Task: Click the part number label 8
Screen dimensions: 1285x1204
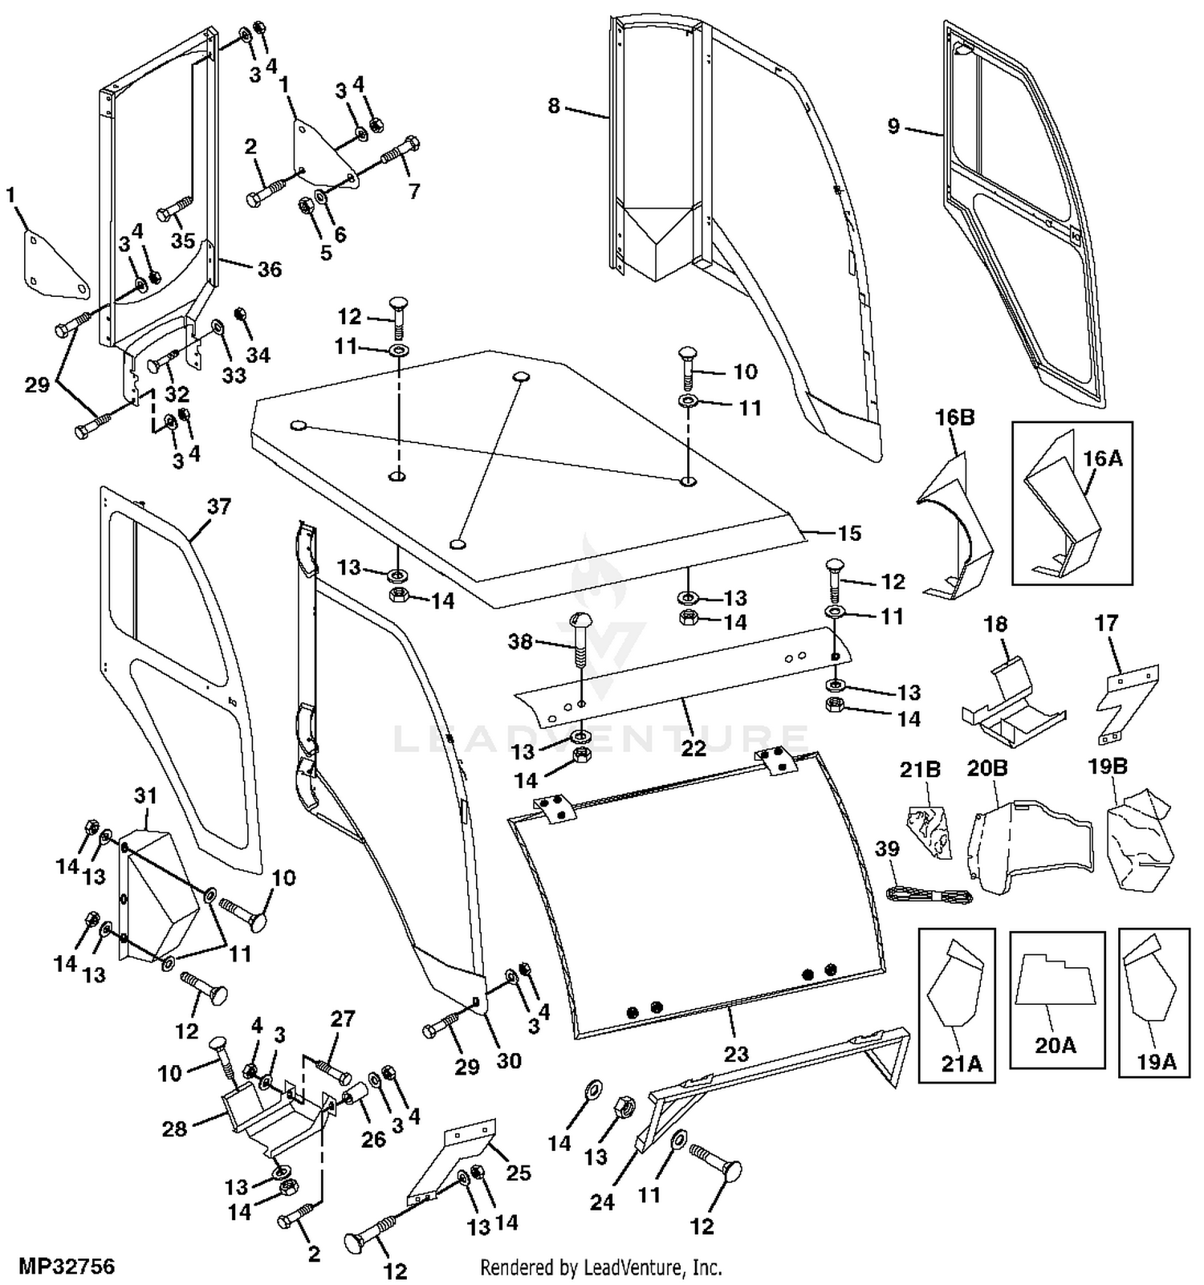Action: (x=553, y=105)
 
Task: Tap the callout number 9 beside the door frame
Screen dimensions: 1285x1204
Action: (x=893, y=126)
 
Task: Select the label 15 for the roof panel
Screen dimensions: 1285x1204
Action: (x=849, y=533)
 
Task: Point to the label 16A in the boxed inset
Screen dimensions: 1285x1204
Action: (x=1103, y=458)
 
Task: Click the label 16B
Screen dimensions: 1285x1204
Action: (x=954, y=417)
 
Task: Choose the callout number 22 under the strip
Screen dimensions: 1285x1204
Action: (x=694, y=747)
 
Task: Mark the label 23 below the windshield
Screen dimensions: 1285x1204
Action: (x=736, y=1054)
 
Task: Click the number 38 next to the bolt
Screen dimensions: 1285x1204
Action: (x=520, y=641)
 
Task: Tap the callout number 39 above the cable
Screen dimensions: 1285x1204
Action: (x=887, y=849)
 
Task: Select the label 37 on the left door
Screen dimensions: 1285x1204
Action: (x=218, y=506)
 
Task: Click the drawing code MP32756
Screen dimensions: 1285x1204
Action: (x=67, y=1267)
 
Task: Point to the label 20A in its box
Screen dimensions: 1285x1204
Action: (x=1055, y=1045)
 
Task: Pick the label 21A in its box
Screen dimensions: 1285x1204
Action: (x=962, y=1063)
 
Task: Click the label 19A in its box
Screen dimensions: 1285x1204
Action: (x=1156, y=1062)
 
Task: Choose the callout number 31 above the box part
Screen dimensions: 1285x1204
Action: (x=145, y=795)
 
